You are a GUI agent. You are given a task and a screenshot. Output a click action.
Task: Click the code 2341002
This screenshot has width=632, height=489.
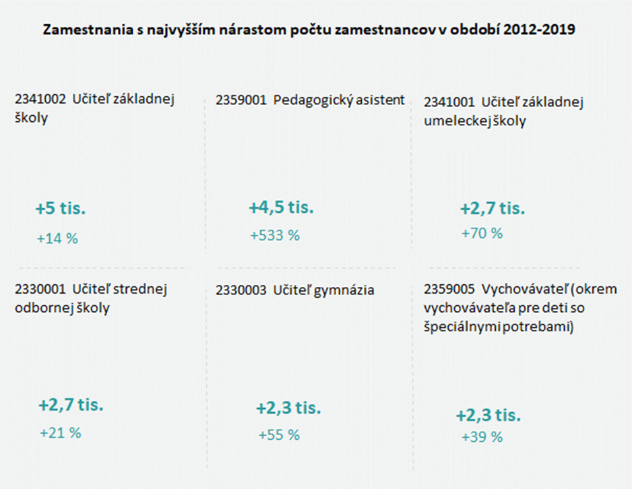point(40,100)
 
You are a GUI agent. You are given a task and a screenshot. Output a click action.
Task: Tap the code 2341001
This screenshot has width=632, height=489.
point(449,102)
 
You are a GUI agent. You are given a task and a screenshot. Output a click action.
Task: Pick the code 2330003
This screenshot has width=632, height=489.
point(241,290)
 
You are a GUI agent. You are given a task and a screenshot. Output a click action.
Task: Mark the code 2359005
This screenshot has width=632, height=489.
point(449,290)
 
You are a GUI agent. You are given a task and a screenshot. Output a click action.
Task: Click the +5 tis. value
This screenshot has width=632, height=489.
point(61,209)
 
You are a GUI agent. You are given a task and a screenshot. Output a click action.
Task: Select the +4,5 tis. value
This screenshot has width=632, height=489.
point(281,207)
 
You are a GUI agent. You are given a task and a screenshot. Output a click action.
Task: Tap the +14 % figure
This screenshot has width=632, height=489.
point(57,238)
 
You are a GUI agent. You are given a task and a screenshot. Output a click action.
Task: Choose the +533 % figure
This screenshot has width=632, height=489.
point(274,236)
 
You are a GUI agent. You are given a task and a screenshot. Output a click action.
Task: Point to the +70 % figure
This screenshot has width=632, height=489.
point(482,233)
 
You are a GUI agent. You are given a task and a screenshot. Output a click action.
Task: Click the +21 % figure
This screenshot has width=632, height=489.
point(60,433)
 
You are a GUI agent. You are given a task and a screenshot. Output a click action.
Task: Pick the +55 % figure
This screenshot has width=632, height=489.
point(278,435)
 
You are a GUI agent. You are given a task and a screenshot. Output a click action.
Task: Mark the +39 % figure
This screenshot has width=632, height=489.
point(482,437)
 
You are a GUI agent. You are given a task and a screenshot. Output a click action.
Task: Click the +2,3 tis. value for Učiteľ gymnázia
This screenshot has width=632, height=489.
point(288,408)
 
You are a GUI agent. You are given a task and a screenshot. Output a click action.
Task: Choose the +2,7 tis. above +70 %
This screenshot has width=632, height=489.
point(492,208)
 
